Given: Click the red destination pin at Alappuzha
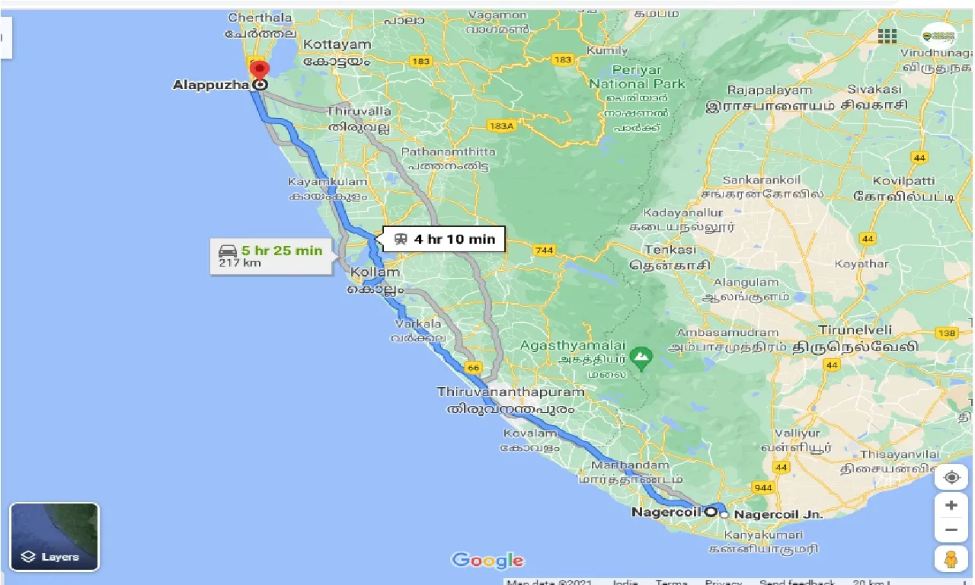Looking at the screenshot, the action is [260, 70].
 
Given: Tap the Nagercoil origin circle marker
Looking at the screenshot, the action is [711, 512].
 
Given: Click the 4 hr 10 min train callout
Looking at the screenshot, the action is [444, 239].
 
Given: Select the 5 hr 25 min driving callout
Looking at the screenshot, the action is [271, 256].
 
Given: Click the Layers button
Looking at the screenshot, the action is [54, 537].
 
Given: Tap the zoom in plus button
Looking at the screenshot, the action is [951, 505].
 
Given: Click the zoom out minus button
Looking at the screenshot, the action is [951, 530].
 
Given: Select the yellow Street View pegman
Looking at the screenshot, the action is [951, 558].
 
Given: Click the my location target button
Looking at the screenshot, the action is [951, 478].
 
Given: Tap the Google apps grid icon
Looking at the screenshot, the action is [887, 36].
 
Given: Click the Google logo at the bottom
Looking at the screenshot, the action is [487, 561].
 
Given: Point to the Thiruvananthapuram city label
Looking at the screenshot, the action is [511, 392].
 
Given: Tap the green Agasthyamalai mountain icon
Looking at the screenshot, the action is [642, 356].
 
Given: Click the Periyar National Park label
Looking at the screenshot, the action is [638, 76].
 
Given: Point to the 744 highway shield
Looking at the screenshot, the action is [545, 251].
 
